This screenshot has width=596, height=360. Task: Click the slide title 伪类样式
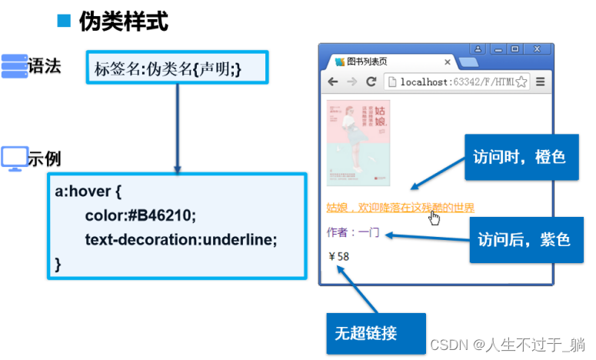tap(123, 22)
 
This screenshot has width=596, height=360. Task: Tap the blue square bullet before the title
tap(64, 21)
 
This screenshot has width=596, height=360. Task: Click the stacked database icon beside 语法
tap(14, 66)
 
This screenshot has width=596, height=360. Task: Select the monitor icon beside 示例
tap(14, 158)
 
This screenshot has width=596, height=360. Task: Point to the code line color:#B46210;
tap(141, 214)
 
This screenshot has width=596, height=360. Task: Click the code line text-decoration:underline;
tap(181, 238)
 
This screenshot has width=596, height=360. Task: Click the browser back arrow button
tap(333, 82)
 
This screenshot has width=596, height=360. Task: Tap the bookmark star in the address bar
tap(522, 82)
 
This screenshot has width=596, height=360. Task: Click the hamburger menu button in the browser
tap(541, 82)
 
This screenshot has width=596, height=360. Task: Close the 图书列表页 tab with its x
tap(448, 62)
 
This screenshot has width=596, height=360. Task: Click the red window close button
tap(537, 49)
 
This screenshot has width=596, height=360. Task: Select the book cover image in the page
tap(358, 142)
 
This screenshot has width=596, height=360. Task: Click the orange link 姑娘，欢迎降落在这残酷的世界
tap(400, 208)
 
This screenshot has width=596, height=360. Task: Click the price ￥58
tap(339, 256)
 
